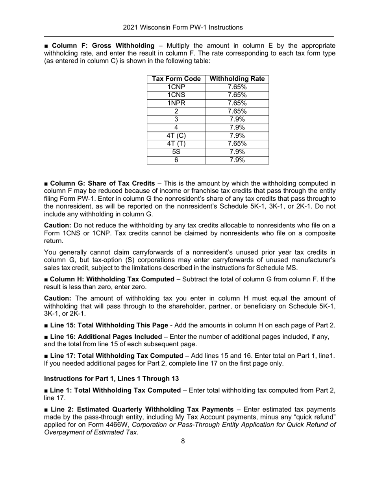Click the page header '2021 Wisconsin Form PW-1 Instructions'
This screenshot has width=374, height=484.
(x=183, y=28)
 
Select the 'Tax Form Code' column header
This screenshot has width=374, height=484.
(x=176, y=79)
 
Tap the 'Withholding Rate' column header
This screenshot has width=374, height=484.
(x=237, y=79)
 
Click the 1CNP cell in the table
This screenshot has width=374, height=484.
(x=176, y=87)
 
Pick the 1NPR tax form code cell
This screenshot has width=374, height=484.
(x=176, y=103)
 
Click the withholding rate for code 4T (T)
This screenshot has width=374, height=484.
(x=237, y=144)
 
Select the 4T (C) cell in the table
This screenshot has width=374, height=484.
(x=176, y=136)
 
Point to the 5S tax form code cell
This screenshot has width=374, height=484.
(x=176, y=152)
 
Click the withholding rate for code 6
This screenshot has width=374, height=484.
(x=237, y=160)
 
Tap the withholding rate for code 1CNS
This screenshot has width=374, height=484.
(x=237, y=95)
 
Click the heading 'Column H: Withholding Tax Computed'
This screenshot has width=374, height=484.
(x=112, y=279)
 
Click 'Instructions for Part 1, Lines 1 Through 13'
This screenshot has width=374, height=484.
(x=111, y=379)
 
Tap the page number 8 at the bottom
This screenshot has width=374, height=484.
(x=183, y=441)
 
